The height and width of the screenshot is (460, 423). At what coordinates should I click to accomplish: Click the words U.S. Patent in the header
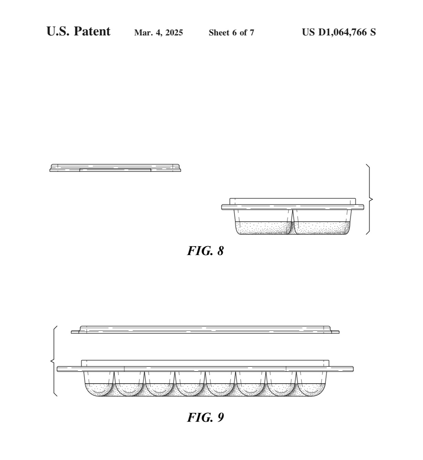click(x=78, y=31)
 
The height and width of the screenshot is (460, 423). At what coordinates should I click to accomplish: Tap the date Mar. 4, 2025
click(x=158, y=33)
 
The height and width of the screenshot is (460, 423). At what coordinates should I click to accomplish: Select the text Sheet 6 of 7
click(x=231, y=33)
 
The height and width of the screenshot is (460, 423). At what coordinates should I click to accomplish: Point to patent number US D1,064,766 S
click(x=339, y=32)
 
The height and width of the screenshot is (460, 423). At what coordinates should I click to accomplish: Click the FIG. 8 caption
click(x=205, y=251)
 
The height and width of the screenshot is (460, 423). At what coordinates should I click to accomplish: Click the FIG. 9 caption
click(x=205, y=417)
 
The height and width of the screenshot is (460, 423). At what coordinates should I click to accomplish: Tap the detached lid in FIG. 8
click(x=115, y=168)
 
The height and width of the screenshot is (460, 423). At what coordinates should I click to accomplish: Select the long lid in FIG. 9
click(x=205, y=329)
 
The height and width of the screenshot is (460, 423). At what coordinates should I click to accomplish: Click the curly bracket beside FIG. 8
click(x=369, y=199)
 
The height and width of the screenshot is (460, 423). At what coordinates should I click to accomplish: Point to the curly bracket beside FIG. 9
click(x=54, y=361)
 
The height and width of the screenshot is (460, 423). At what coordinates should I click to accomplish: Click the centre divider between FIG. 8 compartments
click(x=293, y=222)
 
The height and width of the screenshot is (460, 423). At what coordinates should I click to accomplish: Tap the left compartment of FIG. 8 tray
click(x=263, y=222)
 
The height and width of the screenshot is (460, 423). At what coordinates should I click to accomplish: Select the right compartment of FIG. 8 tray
click(x=322, y=222)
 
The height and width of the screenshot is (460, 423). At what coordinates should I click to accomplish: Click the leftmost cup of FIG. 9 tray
click(x=99, y=384)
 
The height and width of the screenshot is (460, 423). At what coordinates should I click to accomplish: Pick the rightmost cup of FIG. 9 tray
click(x=311, y=384)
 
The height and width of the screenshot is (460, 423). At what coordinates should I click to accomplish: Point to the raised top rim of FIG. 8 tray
click(x=293, y=201)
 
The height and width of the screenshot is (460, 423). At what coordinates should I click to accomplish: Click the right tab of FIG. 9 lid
click(x=335, y=332)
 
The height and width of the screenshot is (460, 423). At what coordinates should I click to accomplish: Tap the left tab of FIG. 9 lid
click(x=75, y=332)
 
